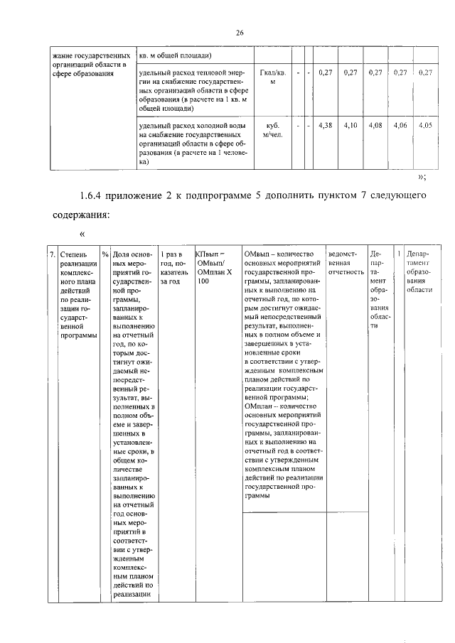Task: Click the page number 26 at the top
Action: pyautogui.click(x=240, y=32)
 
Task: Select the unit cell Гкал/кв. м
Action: pyautogui.click(x=272, y=77)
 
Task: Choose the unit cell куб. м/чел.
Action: pyautogui.click(x=272, y=130)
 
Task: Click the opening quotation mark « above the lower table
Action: pyautogui.click(x=82, y=234)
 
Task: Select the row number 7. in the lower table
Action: pyautogui.click(x=53, y=254)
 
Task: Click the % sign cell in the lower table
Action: pyautogui.click(x=105, y=254)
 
